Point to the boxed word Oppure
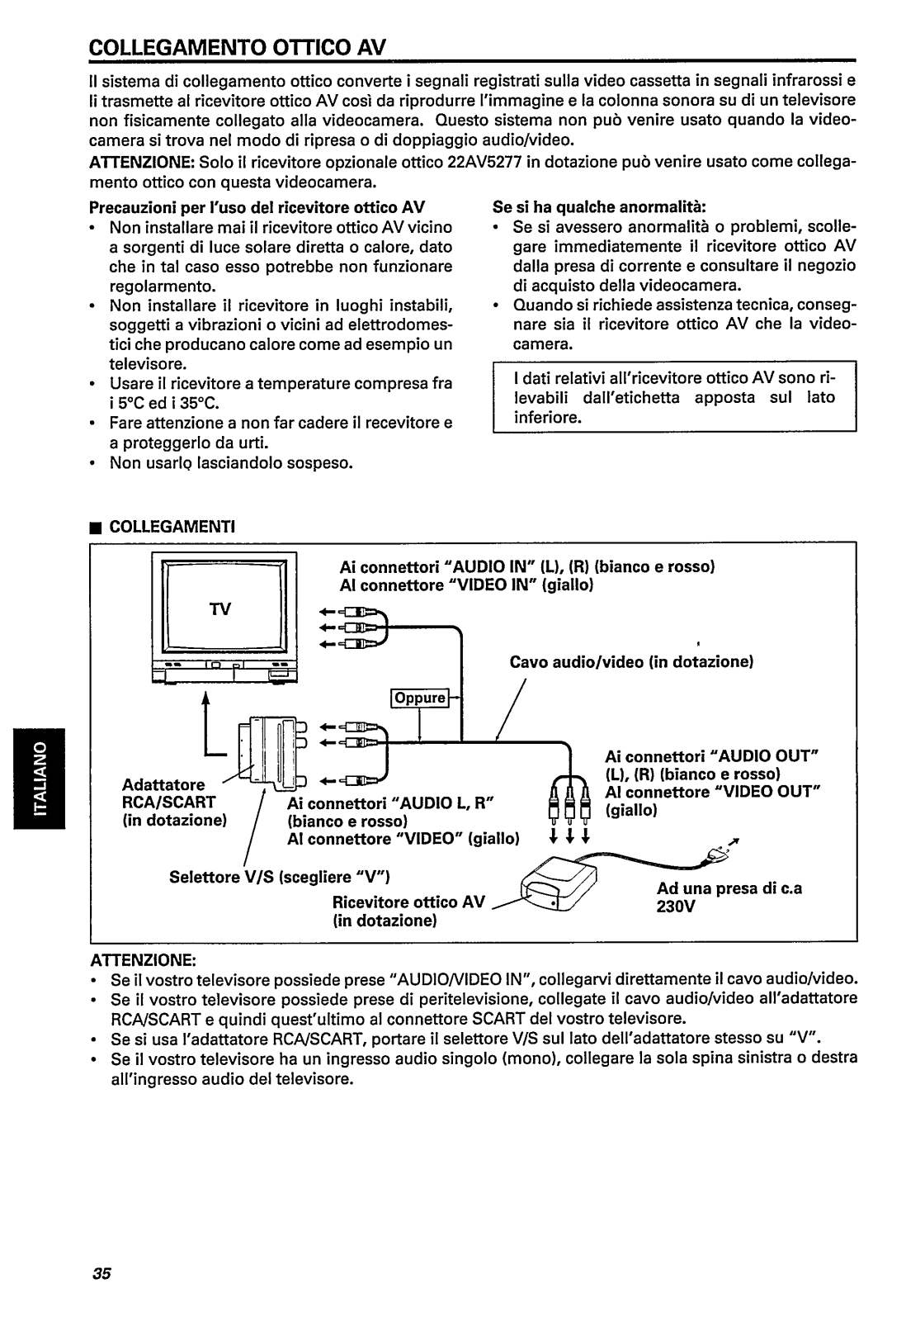click(x=419, y=698)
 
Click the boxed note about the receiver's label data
click(x=674, y=397)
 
